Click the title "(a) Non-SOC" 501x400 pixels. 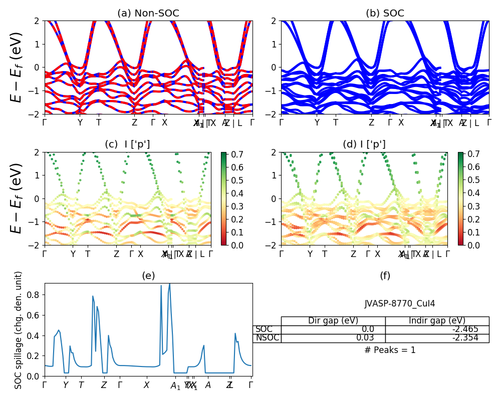(148, 13)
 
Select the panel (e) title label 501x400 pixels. (148, 275)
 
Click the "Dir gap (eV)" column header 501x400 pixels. (333, 320)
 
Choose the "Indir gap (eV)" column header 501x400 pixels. (437, 320)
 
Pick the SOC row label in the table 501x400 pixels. (264, 329)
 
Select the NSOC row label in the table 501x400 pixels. (267, 337)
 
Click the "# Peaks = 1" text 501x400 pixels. (390, 350)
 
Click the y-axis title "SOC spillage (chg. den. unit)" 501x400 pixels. (19, 330)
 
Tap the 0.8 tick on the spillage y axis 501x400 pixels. (36, 294)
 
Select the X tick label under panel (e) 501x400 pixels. (146, 385)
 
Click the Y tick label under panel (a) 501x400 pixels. (80, 122)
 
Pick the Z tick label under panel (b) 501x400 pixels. (371, 122)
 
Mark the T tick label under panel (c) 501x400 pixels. (88, 254)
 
